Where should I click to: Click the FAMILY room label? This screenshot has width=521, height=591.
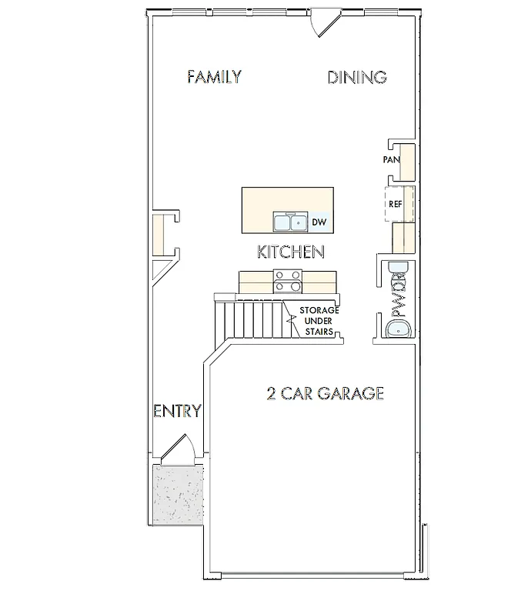[x=215, y=77]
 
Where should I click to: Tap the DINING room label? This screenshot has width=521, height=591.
[x=356, y=77]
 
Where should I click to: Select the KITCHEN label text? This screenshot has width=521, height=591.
[x=289, y=252]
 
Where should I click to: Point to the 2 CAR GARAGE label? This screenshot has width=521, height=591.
[x=324, y=394]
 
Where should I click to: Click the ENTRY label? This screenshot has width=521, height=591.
[x=178, y=411]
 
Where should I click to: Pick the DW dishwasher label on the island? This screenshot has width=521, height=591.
[x=319, y=223]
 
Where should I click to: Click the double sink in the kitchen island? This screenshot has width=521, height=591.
[x=290, y=223]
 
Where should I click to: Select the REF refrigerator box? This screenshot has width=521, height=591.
[x=397, y=204]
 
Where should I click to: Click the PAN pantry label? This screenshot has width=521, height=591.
[x=392, y=160]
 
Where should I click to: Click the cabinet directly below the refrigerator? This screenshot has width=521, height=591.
[x=402, y=236]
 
